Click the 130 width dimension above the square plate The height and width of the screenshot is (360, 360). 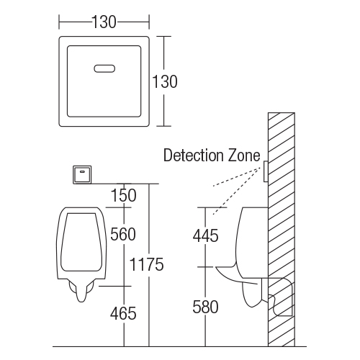tap(104, 22)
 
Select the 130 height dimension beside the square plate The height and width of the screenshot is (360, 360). tap(165, 81)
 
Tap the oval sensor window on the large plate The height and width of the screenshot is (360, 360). tap(104, 68)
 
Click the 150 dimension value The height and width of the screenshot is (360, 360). tap(123, 195)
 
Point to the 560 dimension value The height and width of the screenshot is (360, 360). tap(123, 234)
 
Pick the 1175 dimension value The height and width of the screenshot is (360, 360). tap(146, 264)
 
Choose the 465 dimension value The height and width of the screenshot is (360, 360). tap(123, 313)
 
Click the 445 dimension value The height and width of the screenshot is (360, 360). tap(206, 235)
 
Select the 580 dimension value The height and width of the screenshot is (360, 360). tap(205, 307)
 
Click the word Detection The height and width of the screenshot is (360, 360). tap(194, 156)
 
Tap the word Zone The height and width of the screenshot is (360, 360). tap(244, 156)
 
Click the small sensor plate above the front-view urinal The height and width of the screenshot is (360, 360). tap(82, 174)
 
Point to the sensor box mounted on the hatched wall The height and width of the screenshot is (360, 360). tap(266, 171)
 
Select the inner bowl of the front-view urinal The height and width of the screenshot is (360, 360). tap(81, 242)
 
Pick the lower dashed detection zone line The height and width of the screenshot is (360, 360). tap(237, 191)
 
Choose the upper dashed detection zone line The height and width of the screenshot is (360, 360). tap(237, 177)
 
